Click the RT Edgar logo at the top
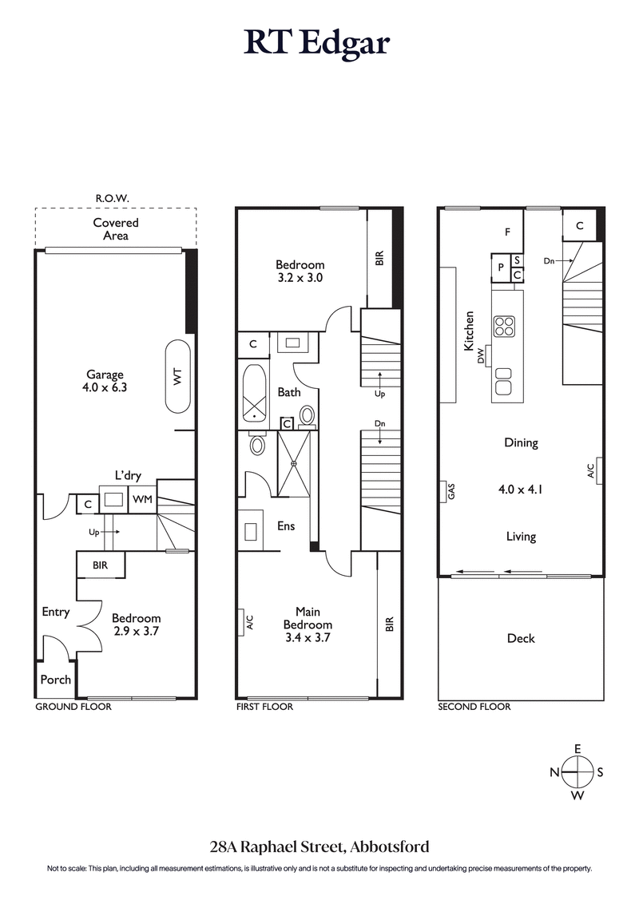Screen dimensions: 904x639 pos(318,43)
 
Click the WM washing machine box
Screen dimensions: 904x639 pos(143,500)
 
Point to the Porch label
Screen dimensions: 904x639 pos(55,680)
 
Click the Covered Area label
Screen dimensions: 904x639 pos(115,229)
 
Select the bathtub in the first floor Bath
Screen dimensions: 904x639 pos(255,394)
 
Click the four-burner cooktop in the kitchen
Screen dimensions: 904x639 pos(504,326)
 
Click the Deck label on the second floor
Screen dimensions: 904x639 pos(521,638)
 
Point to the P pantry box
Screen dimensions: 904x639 pos(500,268)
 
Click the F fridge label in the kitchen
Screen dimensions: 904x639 pos(506,233)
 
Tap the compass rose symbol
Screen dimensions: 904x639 pos(577,772)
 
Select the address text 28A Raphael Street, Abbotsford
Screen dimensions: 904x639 pos(319,847)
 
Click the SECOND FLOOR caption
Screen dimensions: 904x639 pos(474,707)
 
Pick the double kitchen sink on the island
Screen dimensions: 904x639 pos(503,380)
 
